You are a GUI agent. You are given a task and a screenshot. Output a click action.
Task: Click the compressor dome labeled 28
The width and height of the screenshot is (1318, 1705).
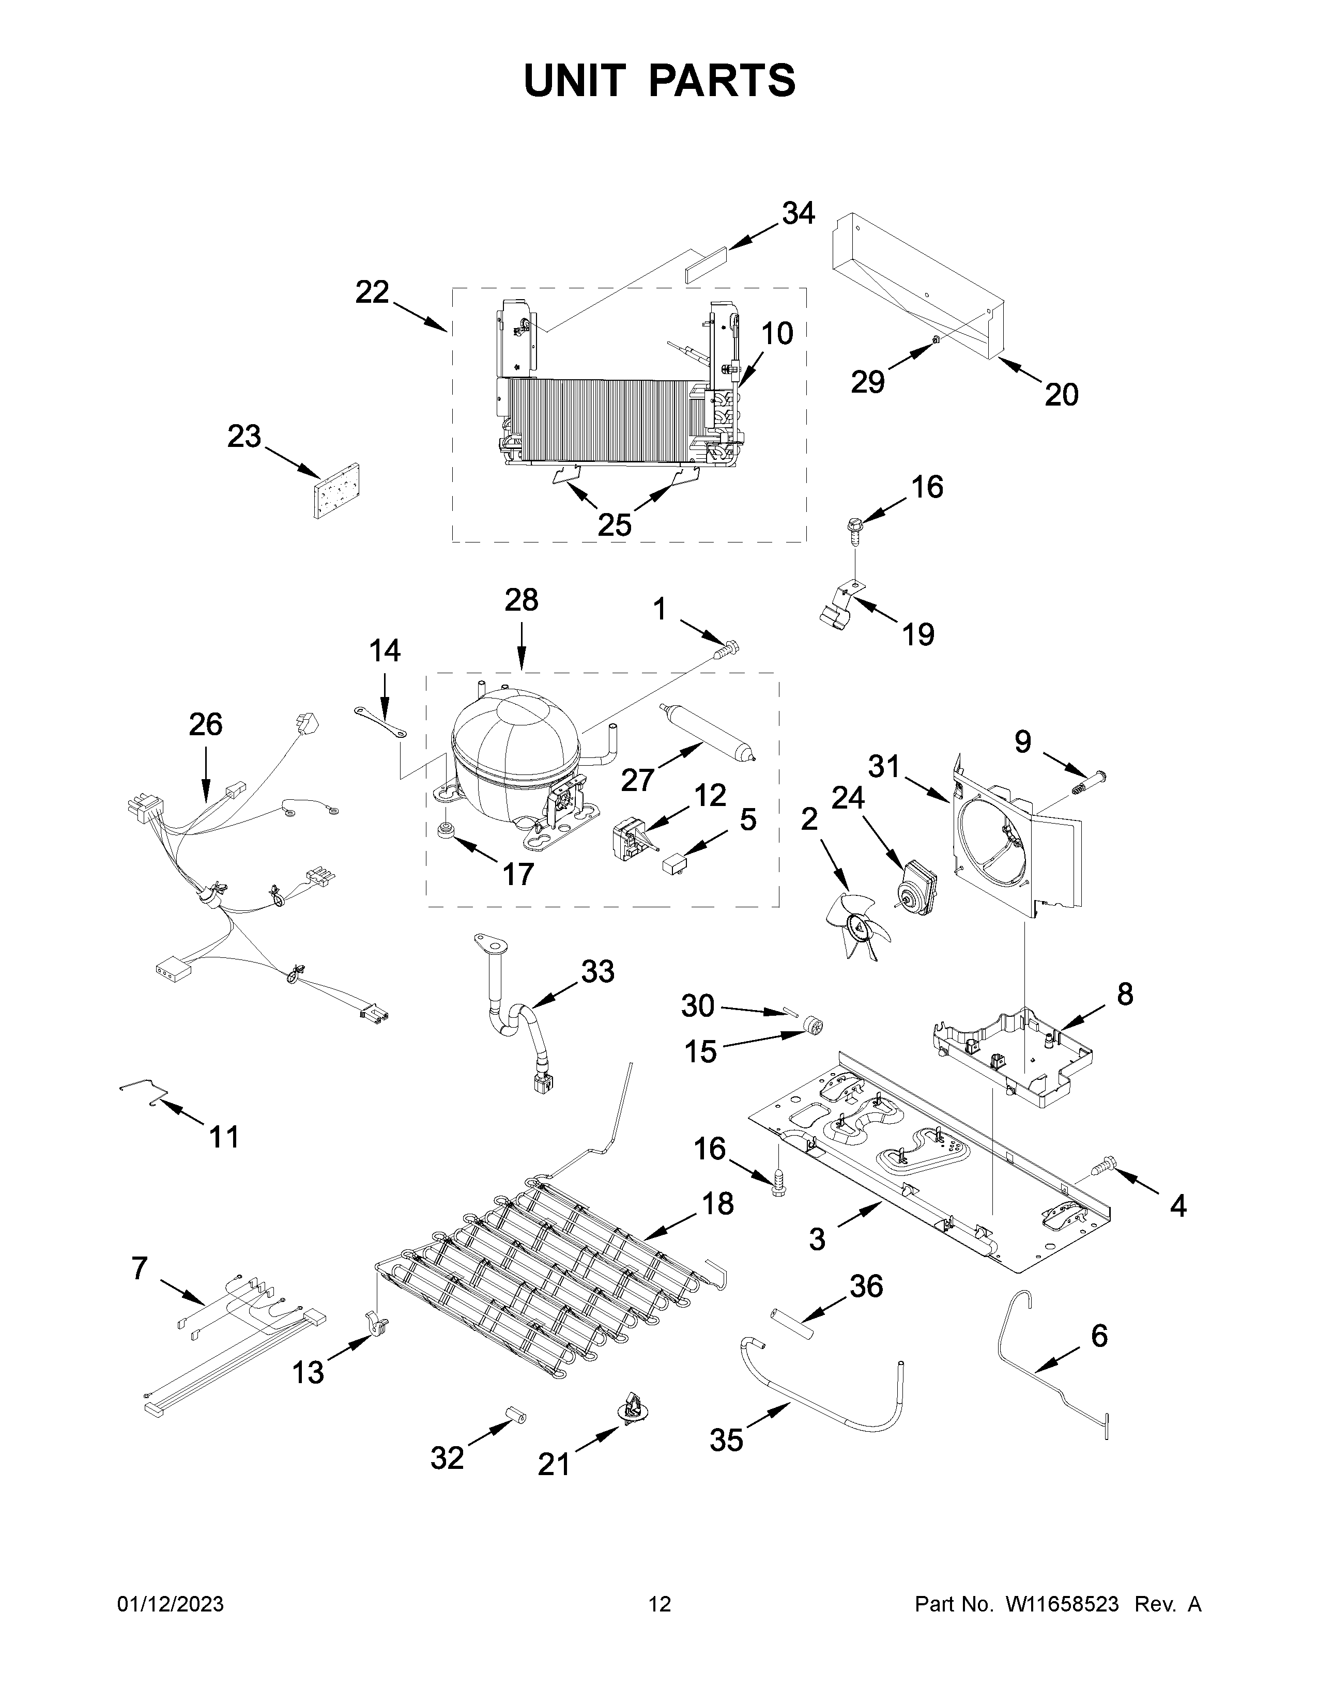point(515,741)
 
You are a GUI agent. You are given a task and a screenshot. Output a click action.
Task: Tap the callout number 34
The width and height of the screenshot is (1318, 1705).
point(798,213)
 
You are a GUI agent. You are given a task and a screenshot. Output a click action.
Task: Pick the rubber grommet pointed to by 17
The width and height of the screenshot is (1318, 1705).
point(448,831)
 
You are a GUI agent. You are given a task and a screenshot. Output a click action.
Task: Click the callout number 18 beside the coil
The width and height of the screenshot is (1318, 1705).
point(717,1204)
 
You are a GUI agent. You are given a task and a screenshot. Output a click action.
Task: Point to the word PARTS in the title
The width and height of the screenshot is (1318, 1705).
point(722,81)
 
